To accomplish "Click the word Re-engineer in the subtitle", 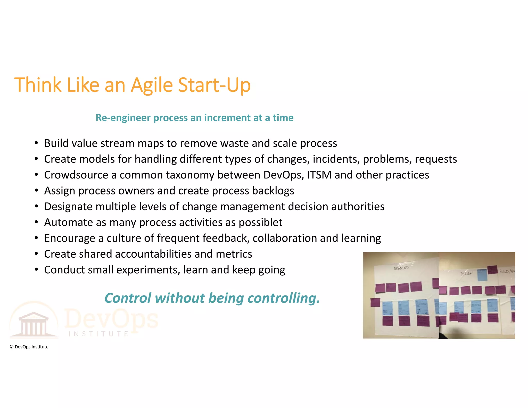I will (x=123, y=118).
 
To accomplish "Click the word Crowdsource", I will (x=76, y=175).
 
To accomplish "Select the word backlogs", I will (x=273, y=191).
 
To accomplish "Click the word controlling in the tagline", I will (x=283, y=298).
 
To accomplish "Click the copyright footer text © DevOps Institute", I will (x=29, y=347).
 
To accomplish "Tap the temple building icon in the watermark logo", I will (x=34, y=324).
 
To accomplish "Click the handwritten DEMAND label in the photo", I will (x=401, y=268).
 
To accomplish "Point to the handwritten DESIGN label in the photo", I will (x=466, y=273).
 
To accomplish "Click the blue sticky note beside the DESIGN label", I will (x=482, y=275).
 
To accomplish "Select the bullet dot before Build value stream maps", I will (x=36, y=143).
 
